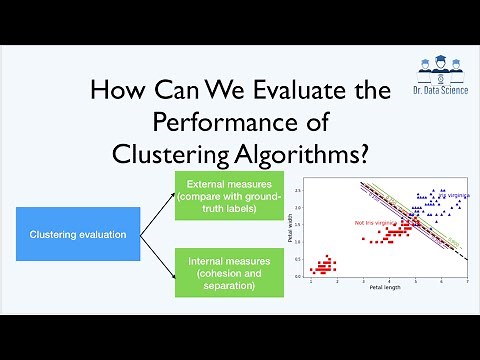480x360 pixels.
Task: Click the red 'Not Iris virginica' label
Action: click(371, 222)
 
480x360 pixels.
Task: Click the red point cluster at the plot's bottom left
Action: click(325, 266)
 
